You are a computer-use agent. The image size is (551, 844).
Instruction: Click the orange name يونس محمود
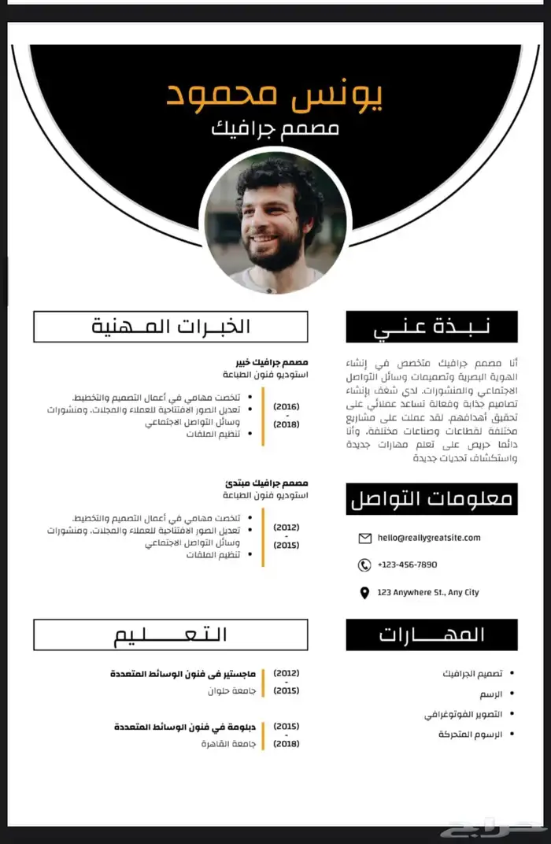coord(275,94)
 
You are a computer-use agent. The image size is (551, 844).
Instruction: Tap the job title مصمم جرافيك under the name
coord(275,128)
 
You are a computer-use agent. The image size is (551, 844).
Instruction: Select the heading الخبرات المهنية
coord(171,327)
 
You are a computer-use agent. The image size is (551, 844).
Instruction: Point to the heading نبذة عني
coord(432,327)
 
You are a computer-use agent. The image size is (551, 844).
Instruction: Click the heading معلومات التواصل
coord(432,499)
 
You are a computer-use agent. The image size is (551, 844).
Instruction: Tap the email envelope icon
coord(364,539)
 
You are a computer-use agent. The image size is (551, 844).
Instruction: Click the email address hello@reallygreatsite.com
coord(429,538)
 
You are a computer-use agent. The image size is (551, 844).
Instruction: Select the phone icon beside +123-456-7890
coord(364,565)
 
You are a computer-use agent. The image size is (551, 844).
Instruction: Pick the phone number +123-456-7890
coord(408,565)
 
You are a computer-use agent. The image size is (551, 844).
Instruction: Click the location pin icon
coord(364,593)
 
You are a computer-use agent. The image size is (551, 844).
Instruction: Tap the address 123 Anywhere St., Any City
coord(428,592)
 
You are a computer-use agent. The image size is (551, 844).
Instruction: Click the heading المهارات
coord(432,635)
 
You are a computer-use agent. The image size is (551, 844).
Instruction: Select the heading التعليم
coord(171,635)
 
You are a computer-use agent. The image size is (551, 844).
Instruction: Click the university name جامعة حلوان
coord(227,690)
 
